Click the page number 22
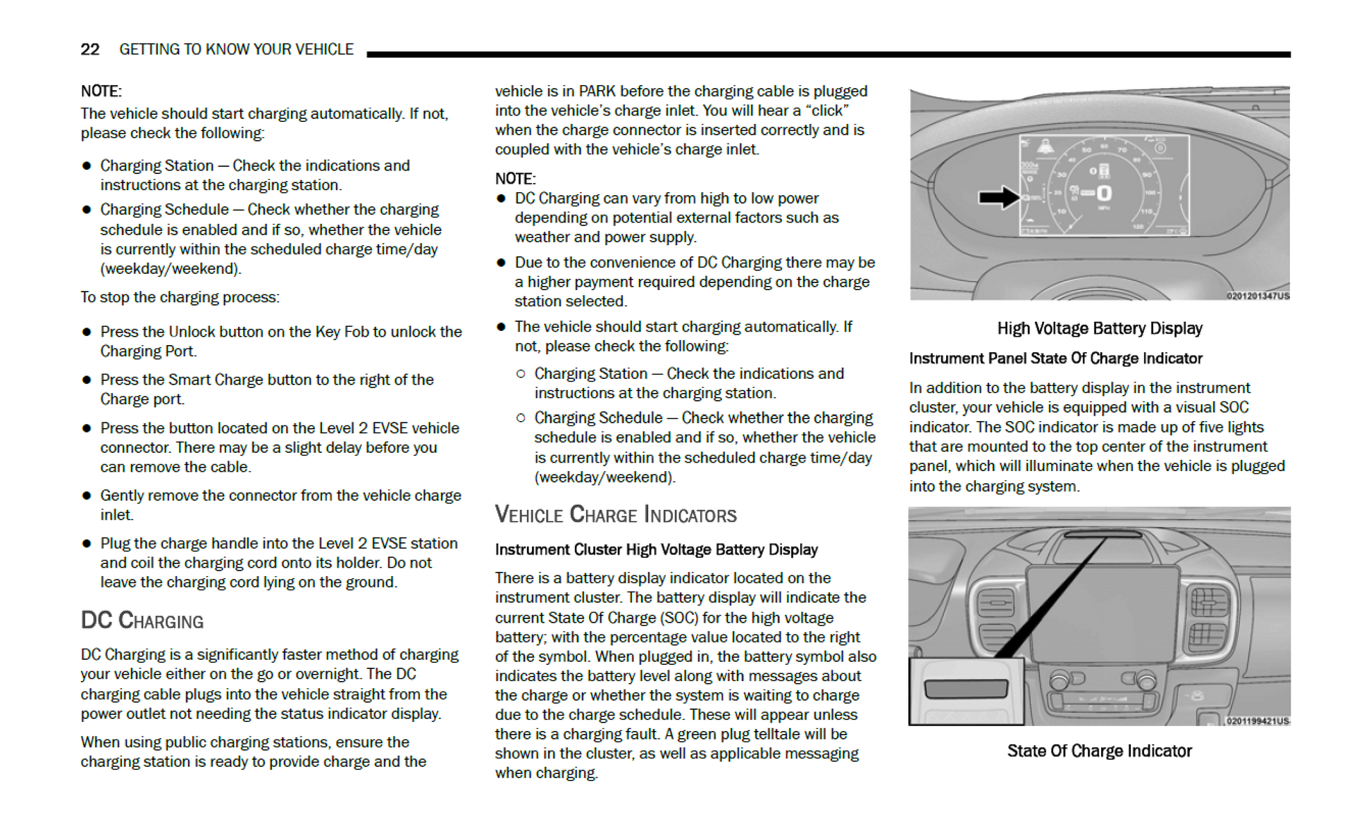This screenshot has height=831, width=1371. (89, 49)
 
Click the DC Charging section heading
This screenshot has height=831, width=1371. (142, 620)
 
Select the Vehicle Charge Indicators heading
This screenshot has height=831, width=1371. (615, 515)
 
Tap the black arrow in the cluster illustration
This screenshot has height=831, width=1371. (998, 197)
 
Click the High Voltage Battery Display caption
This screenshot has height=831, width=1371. (1099, 328)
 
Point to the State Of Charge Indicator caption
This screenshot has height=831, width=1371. (1099, 751)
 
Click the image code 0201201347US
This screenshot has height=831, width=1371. (1258, 296)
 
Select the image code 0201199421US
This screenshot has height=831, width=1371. (1258, 721)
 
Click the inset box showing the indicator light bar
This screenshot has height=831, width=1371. (966, 690)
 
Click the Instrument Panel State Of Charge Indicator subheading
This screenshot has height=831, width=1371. (1055, 358)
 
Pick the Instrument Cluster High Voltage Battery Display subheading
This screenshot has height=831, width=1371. (656, 549)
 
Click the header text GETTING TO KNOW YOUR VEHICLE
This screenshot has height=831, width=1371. (236, 49)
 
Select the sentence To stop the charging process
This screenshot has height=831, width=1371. (180, 297)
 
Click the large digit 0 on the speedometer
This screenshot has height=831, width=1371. (1104, 193)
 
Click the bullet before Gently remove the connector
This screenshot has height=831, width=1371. (87, 496)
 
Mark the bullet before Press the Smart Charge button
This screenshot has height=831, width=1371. (87, 380)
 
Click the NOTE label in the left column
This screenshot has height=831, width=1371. (101, 91)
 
